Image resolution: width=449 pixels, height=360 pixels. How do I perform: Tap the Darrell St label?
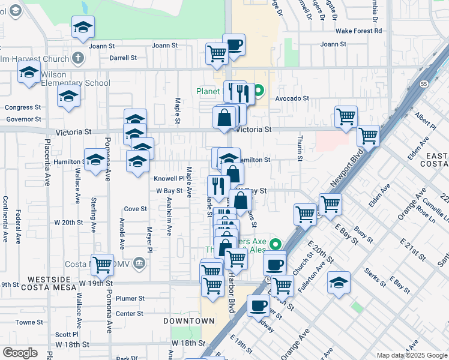pyautogui.click(x=124, y=58)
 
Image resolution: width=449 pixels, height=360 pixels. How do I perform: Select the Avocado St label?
pyautogui.click(x=292, y=98)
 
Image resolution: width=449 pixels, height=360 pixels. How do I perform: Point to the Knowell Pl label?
pyautogui.click(x=169, y=178)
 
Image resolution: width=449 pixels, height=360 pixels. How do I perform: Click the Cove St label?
pyautogui.click(x=135, y=209)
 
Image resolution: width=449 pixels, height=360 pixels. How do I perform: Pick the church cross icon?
pyautogui.click(x=77, y=58)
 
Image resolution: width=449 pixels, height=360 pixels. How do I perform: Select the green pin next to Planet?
pyautogui.click(x=259, y=92)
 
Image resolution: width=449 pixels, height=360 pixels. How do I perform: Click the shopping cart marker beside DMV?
pyautogui.click(x=103, y=263)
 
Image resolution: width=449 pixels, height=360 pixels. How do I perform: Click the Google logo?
pyautogui.click(x=20, y=352)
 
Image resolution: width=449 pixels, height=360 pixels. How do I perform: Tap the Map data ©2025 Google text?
pyautogui.click(x=412, y=355)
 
